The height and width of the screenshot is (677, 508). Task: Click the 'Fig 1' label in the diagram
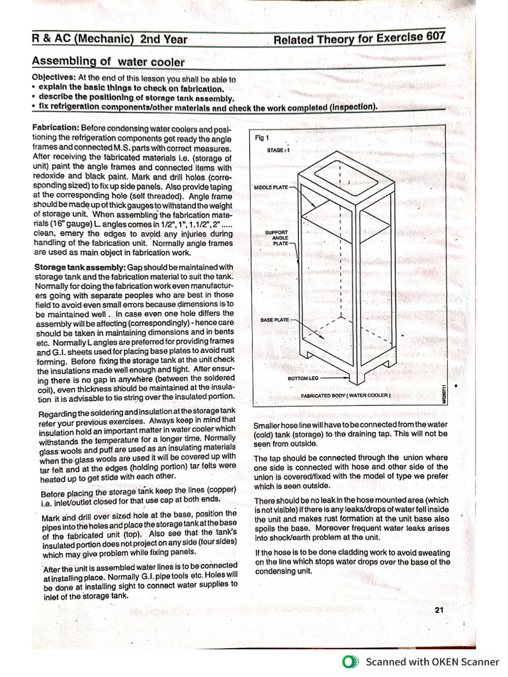(x=262, y=138)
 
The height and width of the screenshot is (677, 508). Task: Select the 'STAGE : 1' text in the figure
(x=278, y=150)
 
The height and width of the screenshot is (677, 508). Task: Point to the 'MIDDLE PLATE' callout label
(x=271, y=188)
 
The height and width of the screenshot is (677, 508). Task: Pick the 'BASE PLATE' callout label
(x=276, y=320)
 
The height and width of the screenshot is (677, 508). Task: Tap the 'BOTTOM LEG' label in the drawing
(x=303, y=378)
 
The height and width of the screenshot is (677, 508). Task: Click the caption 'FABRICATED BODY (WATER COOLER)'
(x=346, y=395)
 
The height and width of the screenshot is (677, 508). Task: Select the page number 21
(x=439, y=610)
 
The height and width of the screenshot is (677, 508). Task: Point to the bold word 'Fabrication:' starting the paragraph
(x=56, y=127)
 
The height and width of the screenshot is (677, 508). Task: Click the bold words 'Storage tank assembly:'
(x=79, y=266)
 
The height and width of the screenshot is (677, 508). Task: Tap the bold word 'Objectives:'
(x=54, y=78)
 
